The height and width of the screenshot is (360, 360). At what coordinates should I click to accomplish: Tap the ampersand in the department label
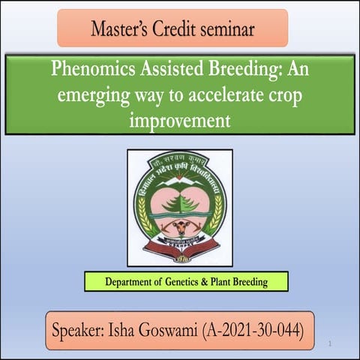point(205,283)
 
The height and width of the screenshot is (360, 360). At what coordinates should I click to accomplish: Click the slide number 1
point(330,343)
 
